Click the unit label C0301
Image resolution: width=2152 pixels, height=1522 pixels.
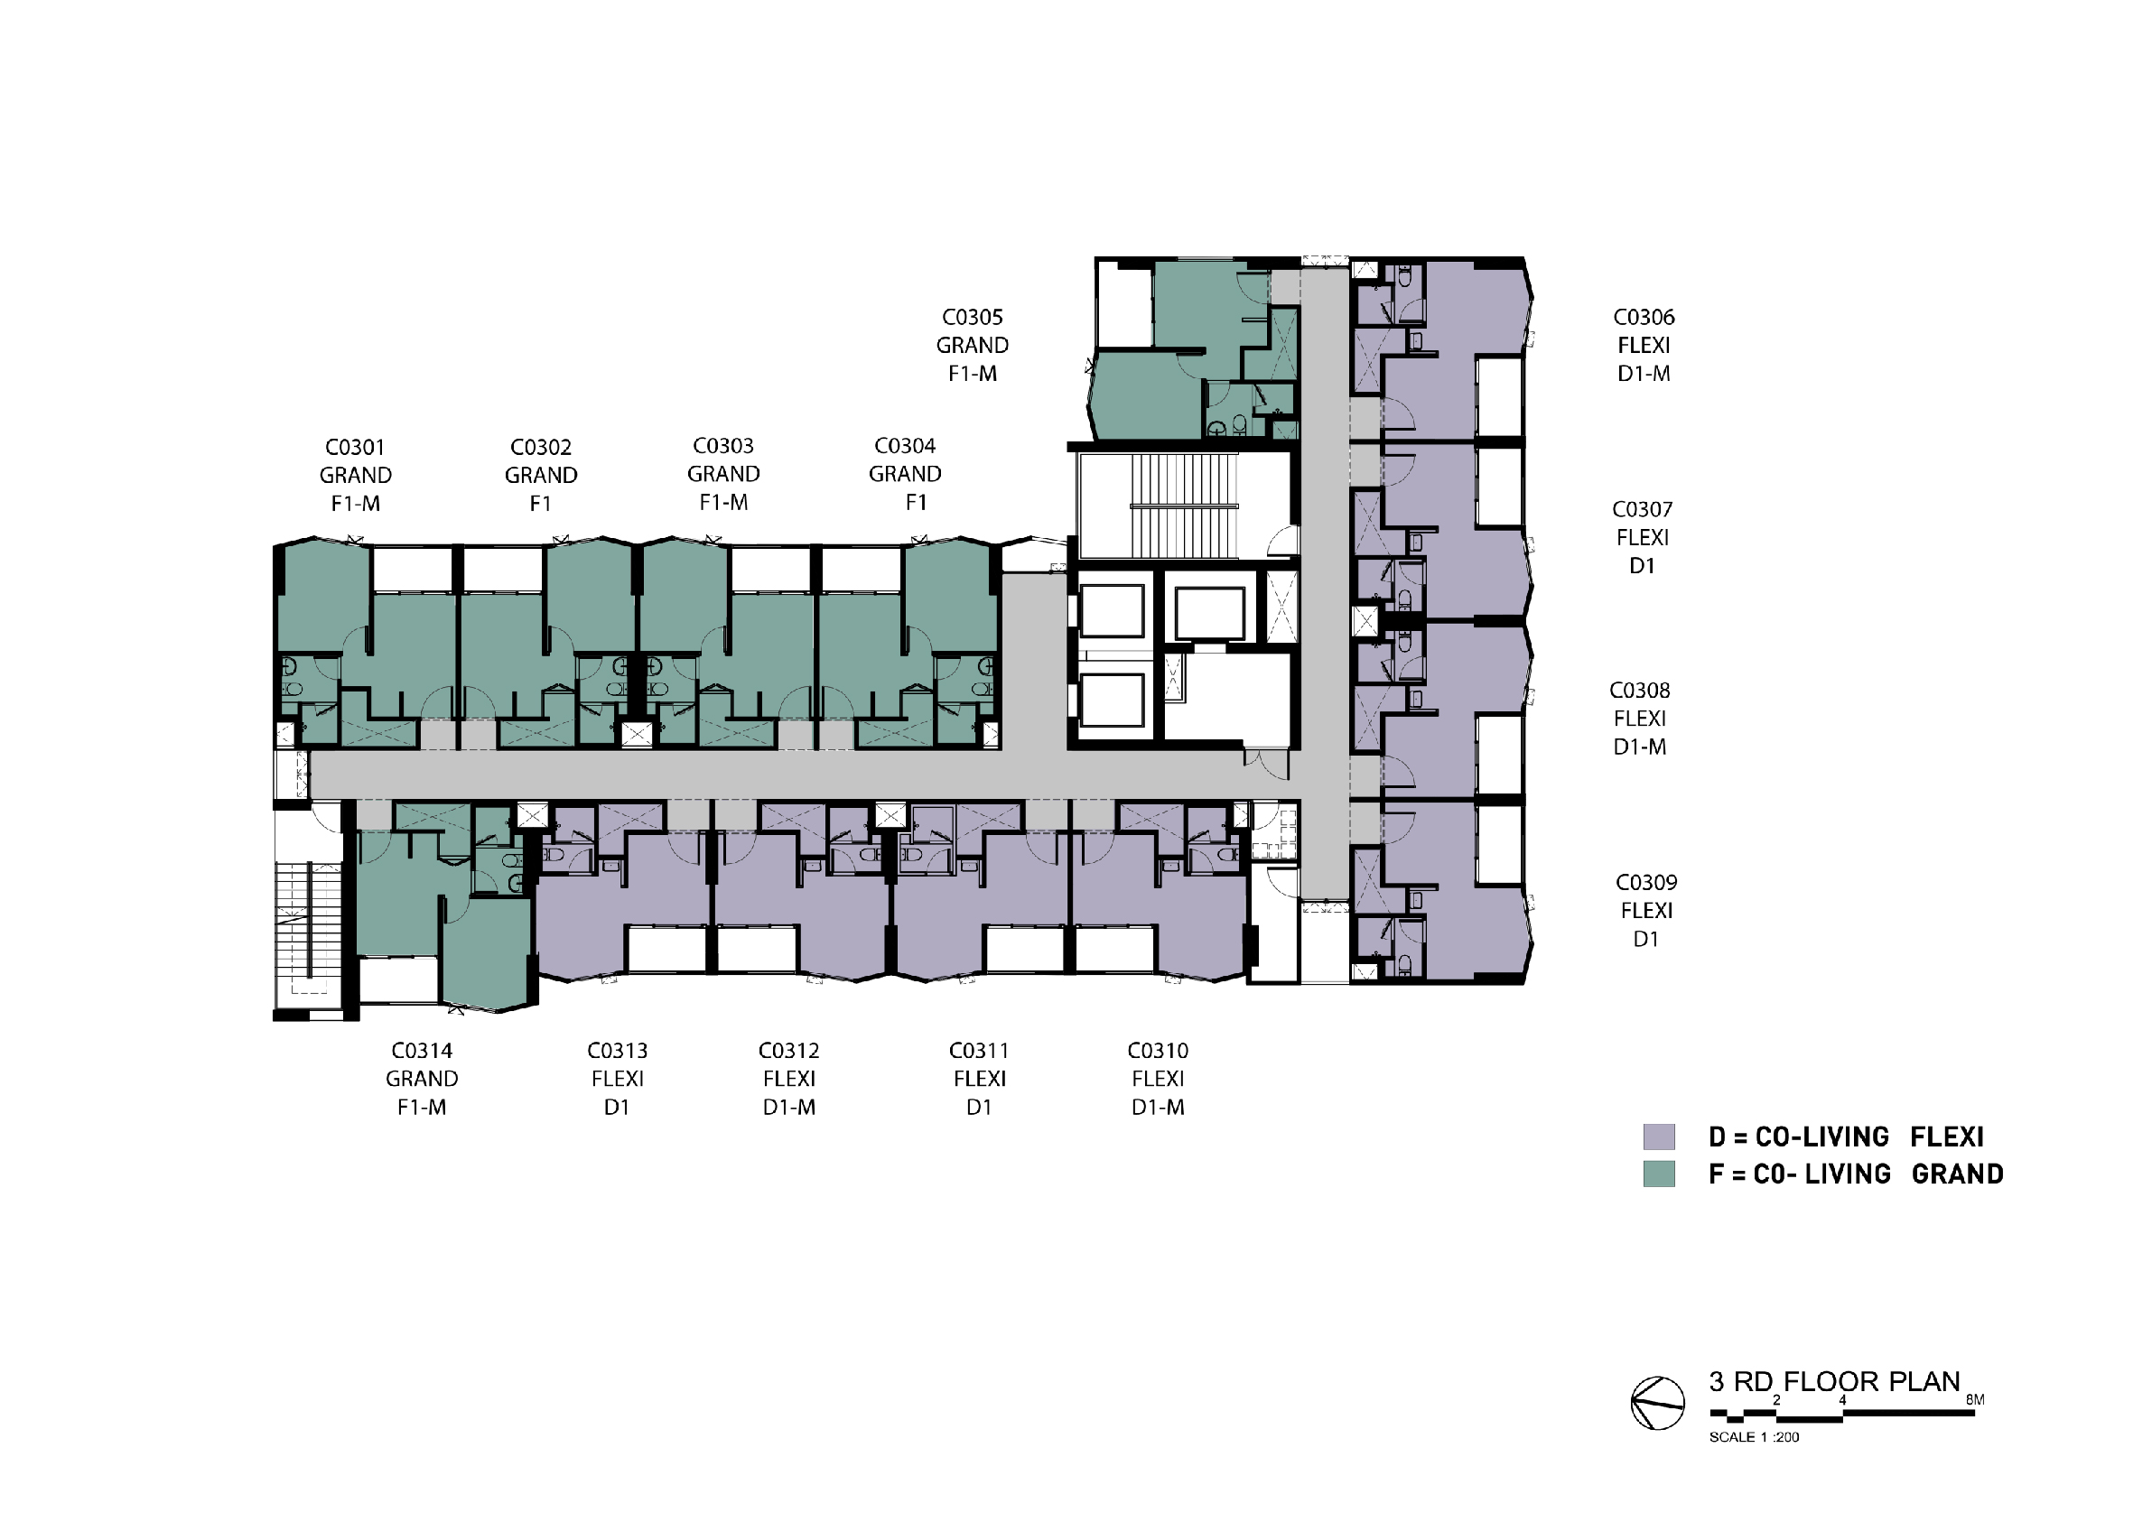pyautogui.click(x=355, y=447)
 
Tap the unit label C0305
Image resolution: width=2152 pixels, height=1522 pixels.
pyautogui.click(x=973, y=317)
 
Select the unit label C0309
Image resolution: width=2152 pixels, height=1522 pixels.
pyautogui.click(x=1646, y=882)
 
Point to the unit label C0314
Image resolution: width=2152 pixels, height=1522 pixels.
pyautogui.click(x=422, y=1051)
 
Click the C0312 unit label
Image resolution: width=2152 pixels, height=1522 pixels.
pyautogui.click(x=789, y=1051)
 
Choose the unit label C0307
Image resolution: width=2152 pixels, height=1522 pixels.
pyautogui.click(x=1642, y=509)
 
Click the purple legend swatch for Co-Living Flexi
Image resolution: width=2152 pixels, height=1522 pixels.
pyautogui.click(x=1659, y=1137)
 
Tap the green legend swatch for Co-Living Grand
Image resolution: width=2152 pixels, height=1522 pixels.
pyautogui.click(x=1659, y=1174)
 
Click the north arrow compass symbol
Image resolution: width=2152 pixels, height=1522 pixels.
pyautogui.click(x=1657, y=1403)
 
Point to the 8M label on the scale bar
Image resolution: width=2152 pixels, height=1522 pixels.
pyautogui.click(x=1975, y=1400)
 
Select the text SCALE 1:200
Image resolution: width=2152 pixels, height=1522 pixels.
pyautogui.click(x=1754, y=1437)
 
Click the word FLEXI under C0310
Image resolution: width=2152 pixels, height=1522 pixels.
pyautogui.click(x=1159, y=1079)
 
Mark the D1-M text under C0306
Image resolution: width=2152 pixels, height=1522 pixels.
pyautogui.click(x=1644, y=373)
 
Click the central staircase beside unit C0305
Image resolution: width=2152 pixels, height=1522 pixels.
pyautogui.click(x=1185, y=506)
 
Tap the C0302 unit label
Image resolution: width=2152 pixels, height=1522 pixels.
pyautogui.click(x=541, y=447)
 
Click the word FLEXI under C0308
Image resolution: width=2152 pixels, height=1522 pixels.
pyautogui.click(x=1640, y=719)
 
